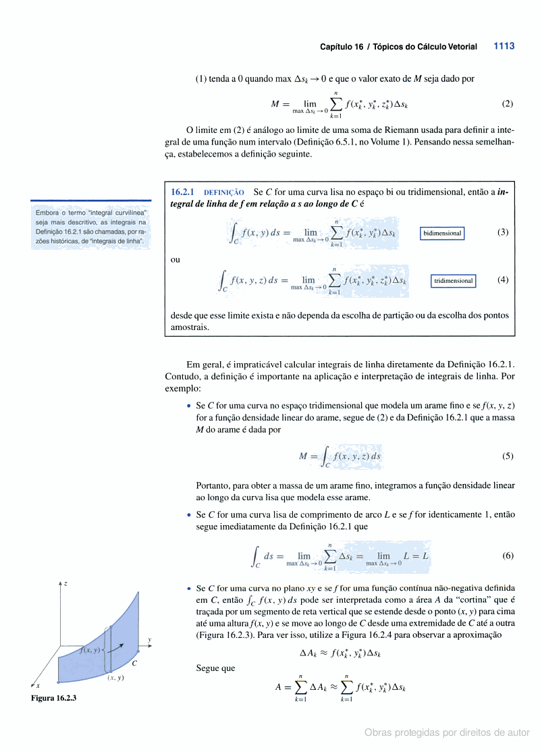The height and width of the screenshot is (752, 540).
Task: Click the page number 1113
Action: [x=504, y=47]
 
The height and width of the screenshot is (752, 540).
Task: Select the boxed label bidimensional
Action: [x=442, y=234]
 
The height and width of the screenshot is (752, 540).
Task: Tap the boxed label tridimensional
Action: [x=454, y=281]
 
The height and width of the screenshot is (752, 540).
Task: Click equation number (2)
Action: [x=508, y=104]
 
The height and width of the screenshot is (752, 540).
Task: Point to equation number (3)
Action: [x=502, y=232]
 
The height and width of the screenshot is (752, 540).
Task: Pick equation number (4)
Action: [x=502, y=280]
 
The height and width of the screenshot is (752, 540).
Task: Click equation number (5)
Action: [x=508, y=456]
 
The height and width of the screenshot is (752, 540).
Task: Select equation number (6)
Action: [x=508, y=556]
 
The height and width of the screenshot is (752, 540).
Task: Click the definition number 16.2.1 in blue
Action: [x=183, y=192]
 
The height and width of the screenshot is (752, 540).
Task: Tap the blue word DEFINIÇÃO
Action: [x=224, y=193]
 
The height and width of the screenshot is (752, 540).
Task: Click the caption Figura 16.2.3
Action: [x=53, y=698]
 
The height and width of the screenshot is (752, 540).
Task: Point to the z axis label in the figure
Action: [x=65, y=583]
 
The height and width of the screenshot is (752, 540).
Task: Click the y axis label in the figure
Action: [x=149, y=639]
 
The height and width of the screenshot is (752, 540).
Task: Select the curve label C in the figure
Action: [x=134, y=664]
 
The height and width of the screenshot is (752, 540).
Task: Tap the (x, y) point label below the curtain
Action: [x=115, y=678]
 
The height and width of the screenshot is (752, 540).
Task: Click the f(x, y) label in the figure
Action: [x=89, y=650]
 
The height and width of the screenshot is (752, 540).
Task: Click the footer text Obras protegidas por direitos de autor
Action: [x=447, y=732]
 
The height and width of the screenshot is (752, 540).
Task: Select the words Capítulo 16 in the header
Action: [x=342, y=47]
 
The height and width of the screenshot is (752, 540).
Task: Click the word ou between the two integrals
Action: [x=175, y=259]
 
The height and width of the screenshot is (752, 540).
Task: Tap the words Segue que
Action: [x=215, y=668]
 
